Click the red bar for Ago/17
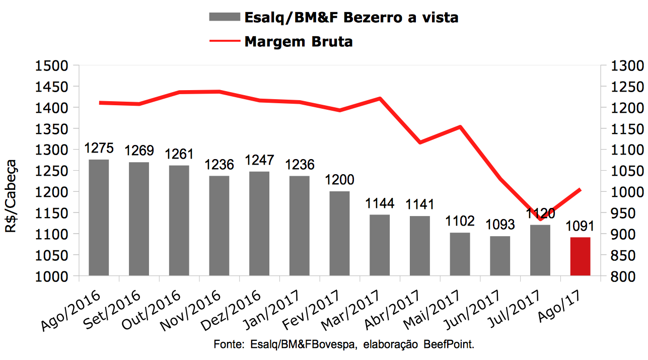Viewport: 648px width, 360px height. (x=580, y=256)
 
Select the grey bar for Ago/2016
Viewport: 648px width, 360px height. (x=99, y=218)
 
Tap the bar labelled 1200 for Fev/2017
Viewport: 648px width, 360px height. (x=339, y=234)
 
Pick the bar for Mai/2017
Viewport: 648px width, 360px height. (x=460, y=254)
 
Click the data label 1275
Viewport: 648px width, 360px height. (x=99, y=149)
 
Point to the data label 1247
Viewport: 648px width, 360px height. (x=259, y=161)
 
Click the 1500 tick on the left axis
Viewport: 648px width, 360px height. (x=51, y=66)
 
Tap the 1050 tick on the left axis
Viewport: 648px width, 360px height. (x=51, y=255)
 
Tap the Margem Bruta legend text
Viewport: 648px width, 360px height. (x=298, y=41)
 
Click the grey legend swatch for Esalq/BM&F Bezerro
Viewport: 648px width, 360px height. (x=224, y=17)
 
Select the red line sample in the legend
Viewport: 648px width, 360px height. (x=224, y=41)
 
